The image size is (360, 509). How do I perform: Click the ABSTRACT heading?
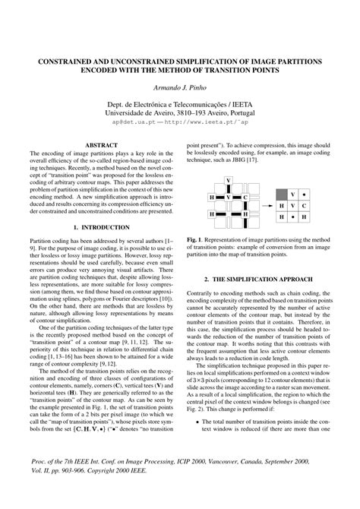100,144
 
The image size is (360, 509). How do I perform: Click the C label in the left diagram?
245,197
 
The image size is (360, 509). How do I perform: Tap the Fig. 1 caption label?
197,239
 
